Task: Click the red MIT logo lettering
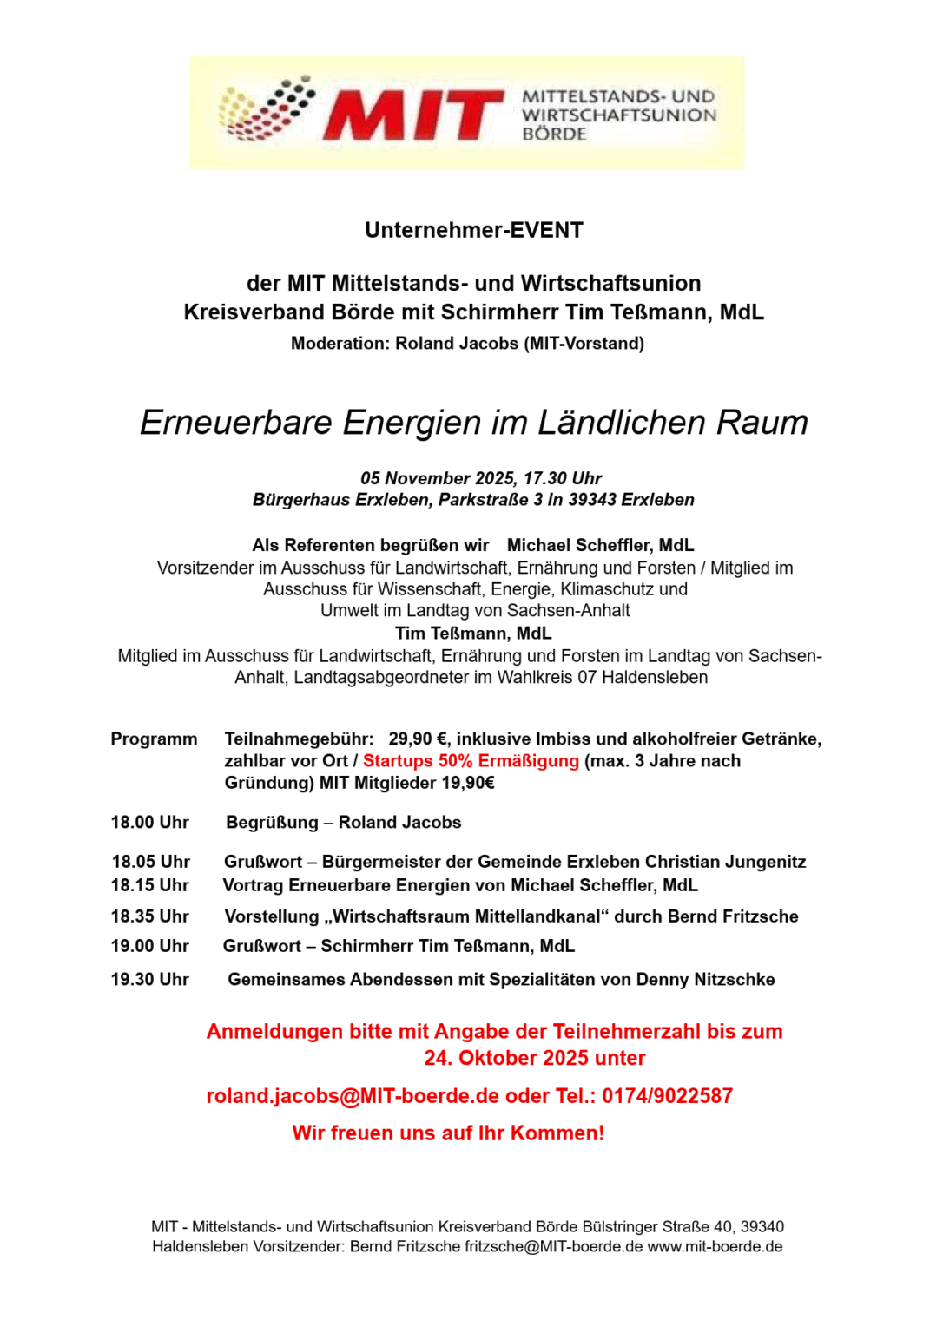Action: [x=413, y=115]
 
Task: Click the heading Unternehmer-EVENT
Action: [x=473, y=230]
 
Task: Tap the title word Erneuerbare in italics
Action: [x=236, y=423]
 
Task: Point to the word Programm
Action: [x=154, y=739]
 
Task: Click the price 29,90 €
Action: [x=418, y=739]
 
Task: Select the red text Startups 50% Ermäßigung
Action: [x=471, y=761]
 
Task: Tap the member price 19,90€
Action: [x=468, y=783]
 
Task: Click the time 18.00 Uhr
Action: [x=149, y=822]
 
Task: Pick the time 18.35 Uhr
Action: [x=149, y=916]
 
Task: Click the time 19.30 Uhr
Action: [x=149, y=980]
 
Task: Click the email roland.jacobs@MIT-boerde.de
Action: [x=353, y=1096]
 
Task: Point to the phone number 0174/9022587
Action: [x=667, y=1096]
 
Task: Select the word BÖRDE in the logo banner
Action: [x=554, y=134]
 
